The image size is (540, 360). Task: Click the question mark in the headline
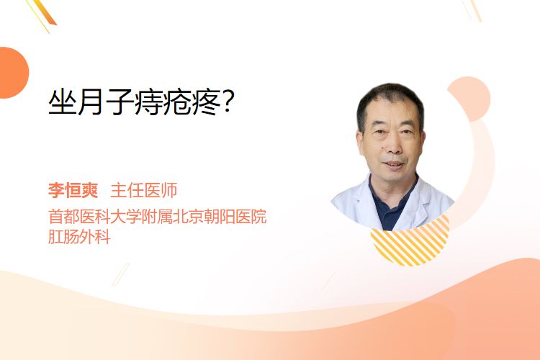click(228, 102)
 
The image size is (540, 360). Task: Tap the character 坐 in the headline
click(63, 102)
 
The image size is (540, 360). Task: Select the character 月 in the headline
click(91, 102)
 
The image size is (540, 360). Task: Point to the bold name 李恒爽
click(73, 191)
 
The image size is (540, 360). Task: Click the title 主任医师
click(144, 191)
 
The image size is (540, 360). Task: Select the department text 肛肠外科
click(79, 237)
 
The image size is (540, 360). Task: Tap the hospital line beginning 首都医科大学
click(158, 217)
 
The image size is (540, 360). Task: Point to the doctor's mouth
click(394, 164)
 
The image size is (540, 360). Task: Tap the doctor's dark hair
click(390, 100)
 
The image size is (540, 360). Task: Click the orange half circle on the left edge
click(13, 73)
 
